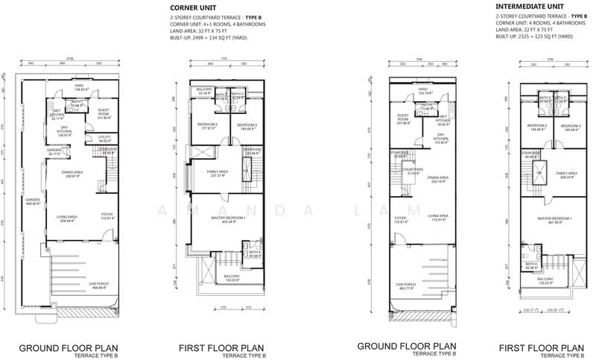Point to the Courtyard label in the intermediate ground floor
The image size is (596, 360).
coord(408,171)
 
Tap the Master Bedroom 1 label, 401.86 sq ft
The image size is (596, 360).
coord(555,219)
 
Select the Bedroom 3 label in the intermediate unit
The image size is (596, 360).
coord(571,127)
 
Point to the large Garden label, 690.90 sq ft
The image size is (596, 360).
coord(32,201)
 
